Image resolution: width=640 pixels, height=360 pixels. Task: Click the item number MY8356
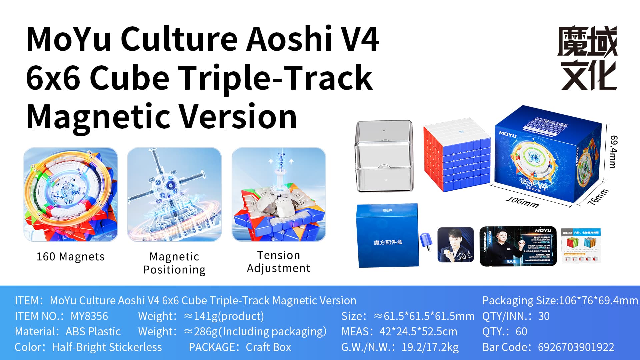89,316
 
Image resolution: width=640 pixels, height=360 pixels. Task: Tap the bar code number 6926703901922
576,347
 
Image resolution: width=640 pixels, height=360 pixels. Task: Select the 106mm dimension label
522,202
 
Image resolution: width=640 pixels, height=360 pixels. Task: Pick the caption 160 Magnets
70,257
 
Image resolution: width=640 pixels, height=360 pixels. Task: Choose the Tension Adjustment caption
278,262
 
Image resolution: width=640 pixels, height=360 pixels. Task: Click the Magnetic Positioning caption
174,263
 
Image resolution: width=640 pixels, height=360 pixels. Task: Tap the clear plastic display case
384,156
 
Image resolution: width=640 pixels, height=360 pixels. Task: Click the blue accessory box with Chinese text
388,235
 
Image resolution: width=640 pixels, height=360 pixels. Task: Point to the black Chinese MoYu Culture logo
588,58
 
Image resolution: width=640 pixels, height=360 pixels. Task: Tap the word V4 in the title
360,39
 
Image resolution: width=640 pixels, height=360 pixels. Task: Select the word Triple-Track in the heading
276,78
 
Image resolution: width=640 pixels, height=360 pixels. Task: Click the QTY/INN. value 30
544,316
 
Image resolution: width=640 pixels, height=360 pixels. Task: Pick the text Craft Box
268,347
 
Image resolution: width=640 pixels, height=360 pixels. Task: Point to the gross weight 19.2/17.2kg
430,347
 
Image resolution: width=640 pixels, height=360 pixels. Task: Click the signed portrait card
455,245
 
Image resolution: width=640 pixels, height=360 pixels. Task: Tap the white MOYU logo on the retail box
507,135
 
